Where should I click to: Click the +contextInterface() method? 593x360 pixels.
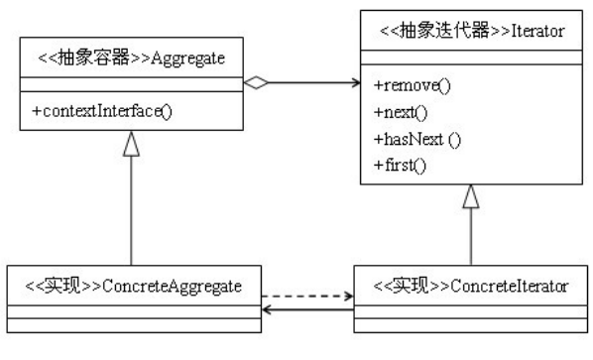pyautogui.click(x=101, y=110)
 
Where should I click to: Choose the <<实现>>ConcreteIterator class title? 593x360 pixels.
pyautogui.click(x=470, y=287)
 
